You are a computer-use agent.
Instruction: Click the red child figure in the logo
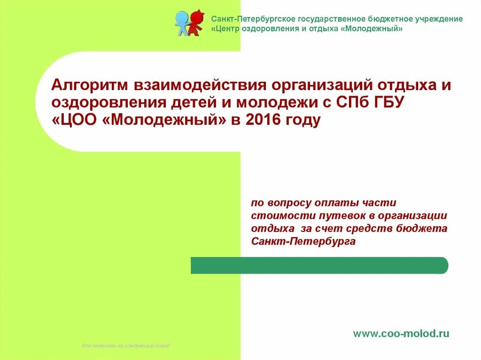coord(196,23)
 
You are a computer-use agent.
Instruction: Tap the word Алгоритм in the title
coord(90,86)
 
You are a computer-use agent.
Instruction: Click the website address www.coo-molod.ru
coord(401,334)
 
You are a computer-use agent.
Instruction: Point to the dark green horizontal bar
coord(319,265)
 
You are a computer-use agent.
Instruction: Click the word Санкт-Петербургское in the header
coord(247,19)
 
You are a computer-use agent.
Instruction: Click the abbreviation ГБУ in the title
coord(385,103)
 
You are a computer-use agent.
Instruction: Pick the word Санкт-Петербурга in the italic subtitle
coord(303,242)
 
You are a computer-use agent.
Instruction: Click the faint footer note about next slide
coord(126,346)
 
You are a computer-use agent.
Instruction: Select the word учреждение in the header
coord(439,19)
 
